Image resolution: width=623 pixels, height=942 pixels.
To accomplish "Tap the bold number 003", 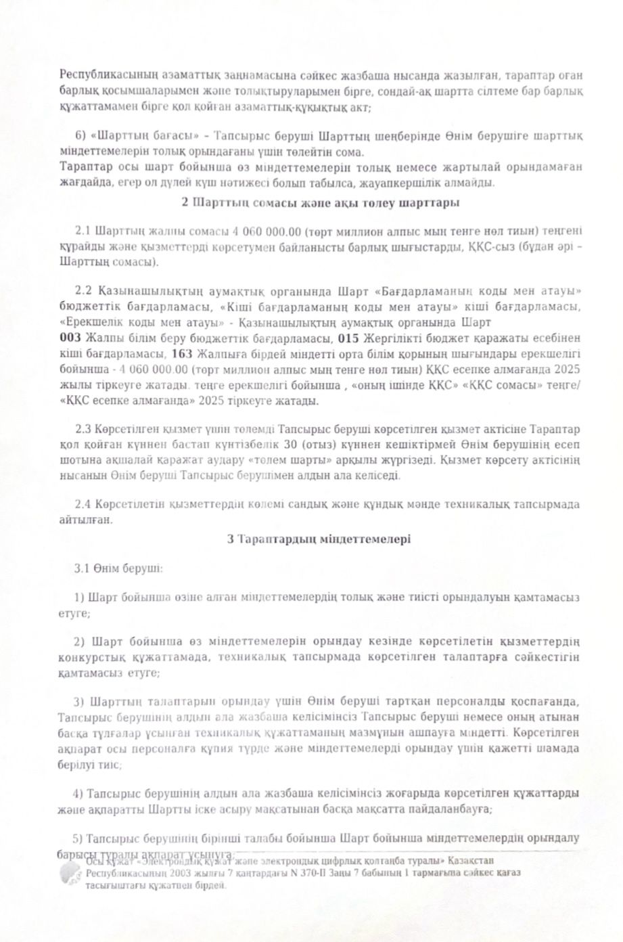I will [70, 338].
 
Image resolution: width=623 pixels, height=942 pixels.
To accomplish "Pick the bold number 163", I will [182, 353].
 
